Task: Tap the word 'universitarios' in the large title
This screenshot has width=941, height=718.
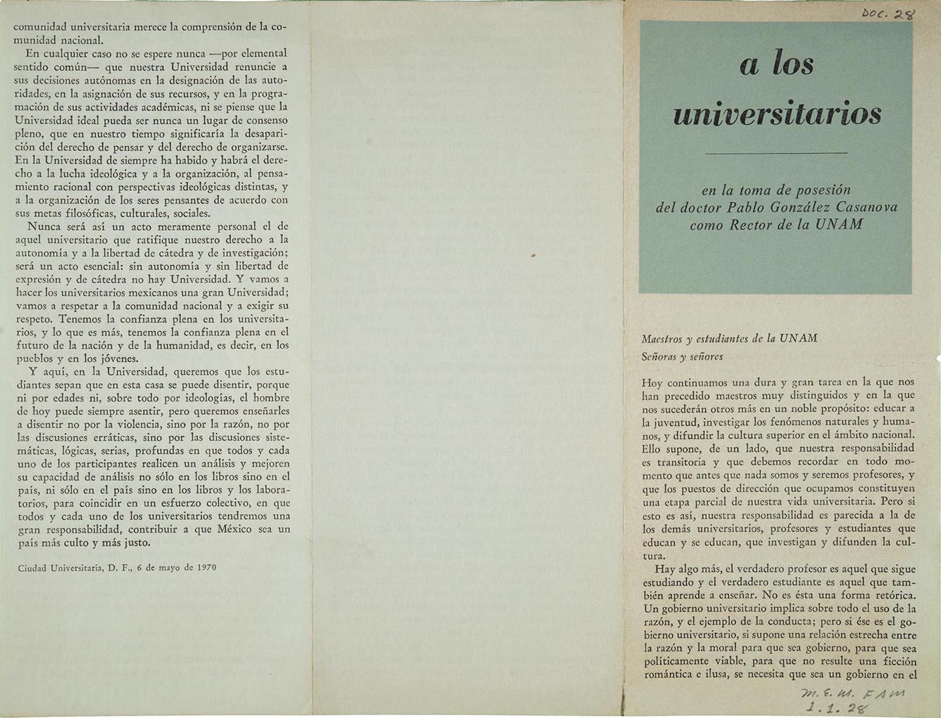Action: point(777,114)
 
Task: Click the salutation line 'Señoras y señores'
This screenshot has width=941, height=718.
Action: point(682,357)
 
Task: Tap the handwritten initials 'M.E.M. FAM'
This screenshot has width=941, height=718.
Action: point(852,693)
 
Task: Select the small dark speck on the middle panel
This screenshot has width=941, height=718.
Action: point(533,255)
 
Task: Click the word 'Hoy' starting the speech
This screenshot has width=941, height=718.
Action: point(652,383)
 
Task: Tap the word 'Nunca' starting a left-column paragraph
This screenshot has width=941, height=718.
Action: point(44,226)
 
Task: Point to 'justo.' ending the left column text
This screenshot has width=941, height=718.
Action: point(137,542)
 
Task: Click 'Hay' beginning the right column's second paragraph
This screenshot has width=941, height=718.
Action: point(665,569)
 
